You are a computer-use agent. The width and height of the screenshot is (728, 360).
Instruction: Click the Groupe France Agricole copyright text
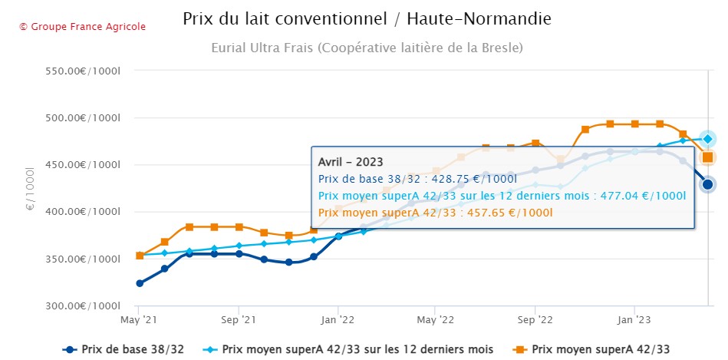click(82, 27)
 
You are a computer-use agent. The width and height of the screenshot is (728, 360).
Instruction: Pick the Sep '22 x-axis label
click(535, 319)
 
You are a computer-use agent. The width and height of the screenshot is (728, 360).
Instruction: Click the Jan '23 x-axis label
click(634, 319)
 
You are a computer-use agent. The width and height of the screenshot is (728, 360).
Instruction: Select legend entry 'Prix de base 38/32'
click(131, 349)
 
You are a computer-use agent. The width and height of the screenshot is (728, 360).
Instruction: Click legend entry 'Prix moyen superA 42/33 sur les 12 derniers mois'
click(357, 349)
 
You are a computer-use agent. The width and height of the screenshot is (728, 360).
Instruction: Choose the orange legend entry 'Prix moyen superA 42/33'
click(600, 349)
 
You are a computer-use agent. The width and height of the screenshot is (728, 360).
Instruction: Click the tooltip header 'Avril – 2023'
click(351, 162)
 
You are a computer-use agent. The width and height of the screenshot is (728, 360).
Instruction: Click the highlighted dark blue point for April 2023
click(708, 184)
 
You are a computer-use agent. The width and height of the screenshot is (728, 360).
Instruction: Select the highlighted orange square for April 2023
click(708, 157)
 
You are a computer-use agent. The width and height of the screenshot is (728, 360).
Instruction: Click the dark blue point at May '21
click(140, 283)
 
